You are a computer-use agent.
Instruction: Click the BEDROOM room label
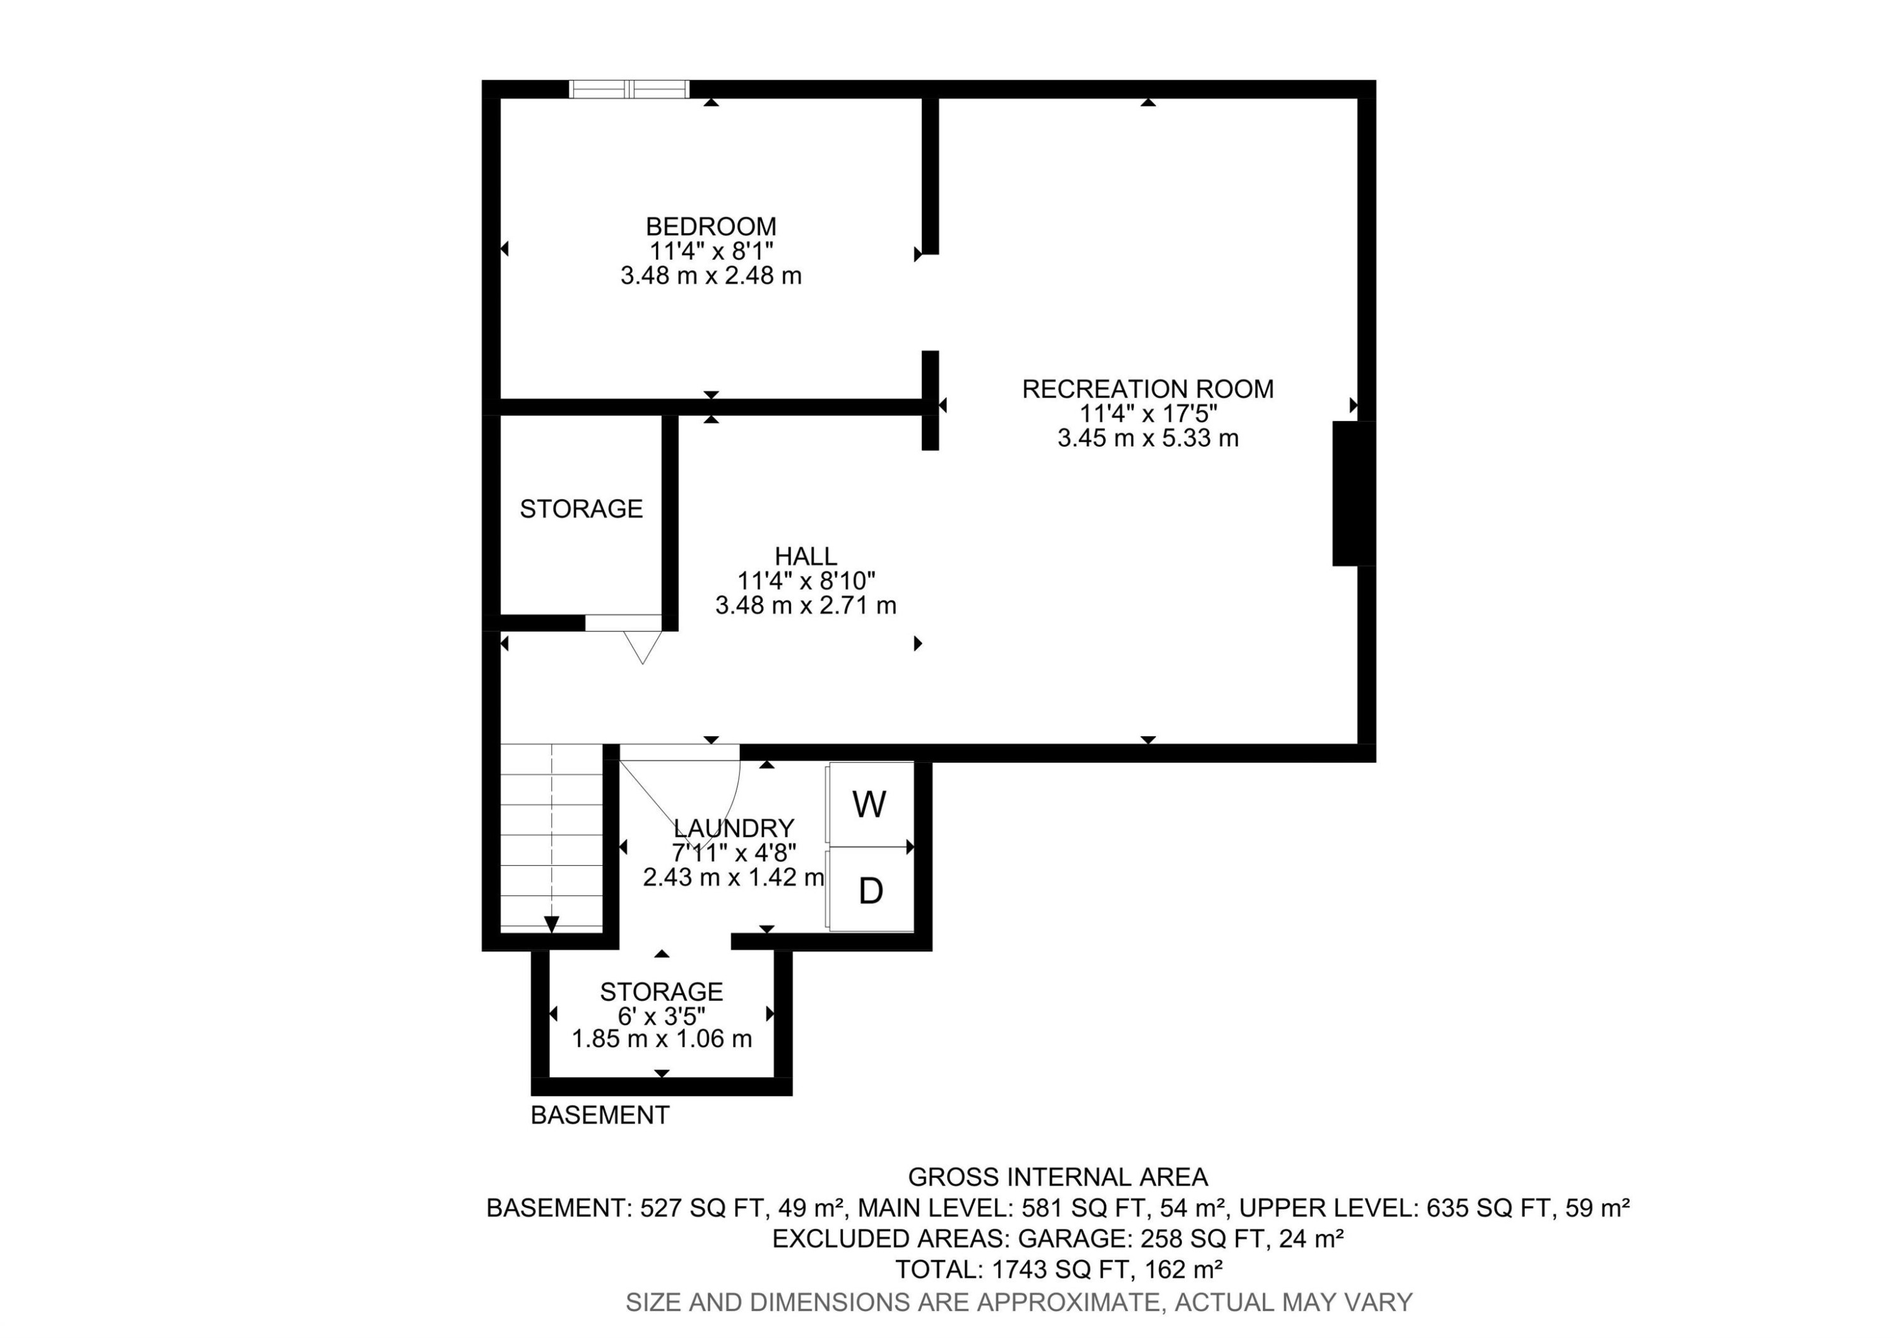710,226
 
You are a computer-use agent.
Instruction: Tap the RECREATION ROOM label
1148,388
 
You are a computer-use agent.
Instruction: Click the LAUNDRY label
734,827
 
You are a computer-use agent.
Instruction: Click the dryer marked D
870,890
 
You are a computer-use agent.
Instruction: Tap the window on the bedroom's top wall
629,89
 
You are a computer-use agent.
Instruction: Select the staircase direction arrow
551,924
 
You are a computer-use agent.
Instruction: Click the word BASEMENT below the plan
600,1115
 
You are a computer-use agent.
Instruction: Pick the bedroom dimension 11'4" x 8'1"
710,251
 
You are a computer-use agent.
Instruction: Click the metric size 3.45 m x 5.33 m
1148,438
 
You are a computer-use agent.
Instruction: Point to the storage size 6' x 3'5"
661,1015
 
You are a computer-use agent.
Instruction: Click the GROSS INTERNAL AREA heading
1057,1176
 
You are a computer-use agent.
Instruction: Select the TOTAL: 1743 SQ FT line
1057,1269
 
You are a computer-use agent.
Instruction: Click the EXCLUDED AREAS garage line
1057,1238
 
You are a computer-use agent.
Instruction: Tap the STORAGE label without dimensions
581,509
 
